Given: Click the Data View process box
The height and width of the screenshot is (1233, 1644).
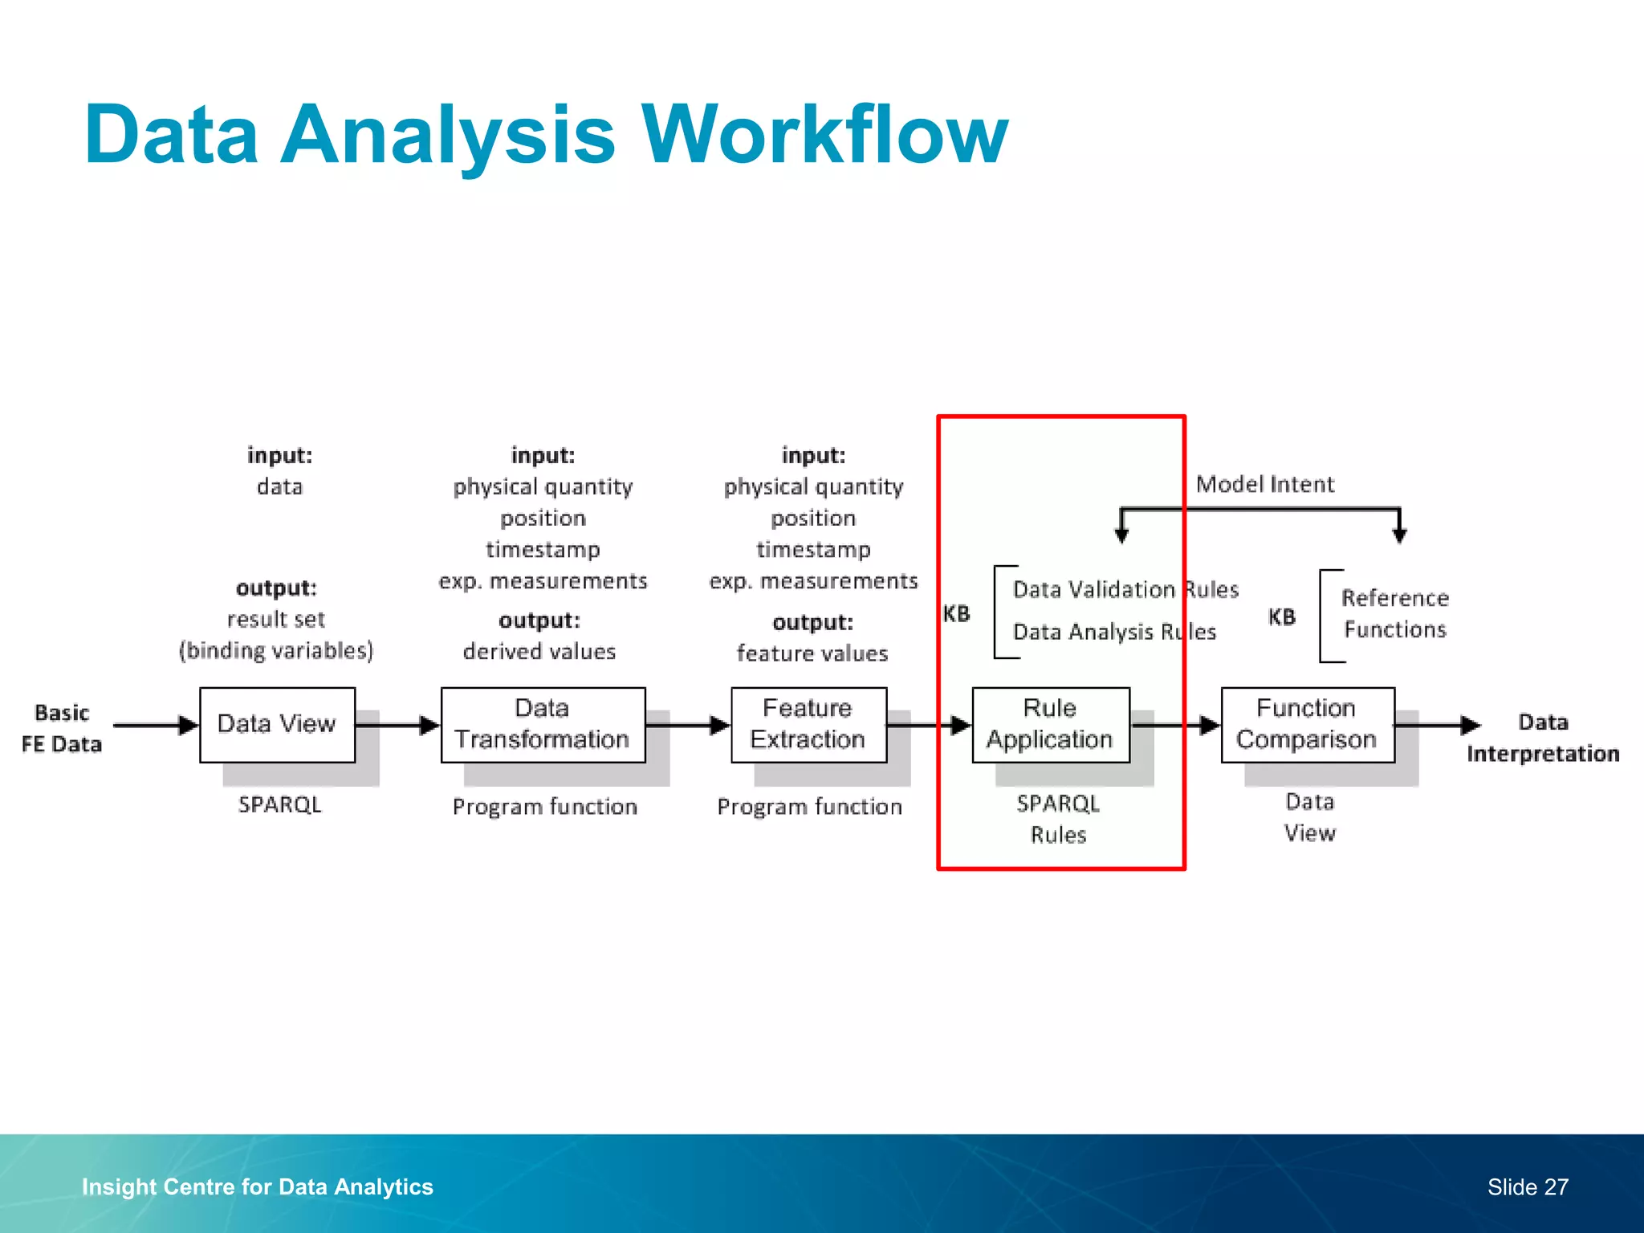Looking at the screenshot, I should pos(277,724).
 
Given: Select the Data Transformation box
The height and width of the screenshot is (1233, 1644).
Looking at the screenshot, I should pos(543,724).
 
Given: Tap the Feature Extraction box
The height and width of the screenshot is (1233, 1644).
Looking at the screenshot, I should pos(808,724).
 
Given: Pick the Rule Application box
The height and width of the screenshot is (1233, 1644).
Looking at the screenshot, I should pos(1050,724).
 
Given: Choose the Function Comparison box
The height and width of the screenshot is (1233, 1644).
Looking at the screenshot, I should pos(1307,724).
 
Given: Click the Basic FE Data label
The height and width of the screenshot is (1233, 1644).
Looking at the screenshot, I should pos(62,728).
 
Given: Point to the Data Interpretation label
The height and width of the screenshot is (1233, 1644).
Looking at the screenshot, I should pos(1542,738).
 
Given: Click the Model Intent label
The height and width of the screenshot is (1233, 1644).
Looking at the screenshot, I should pos(1264,484).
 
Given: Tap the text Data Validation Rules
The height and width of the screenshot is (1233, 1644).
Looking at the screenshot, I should pos(1125,589).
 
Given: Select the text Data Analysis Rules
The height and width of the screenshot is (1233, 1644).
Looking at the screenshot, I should pos(1114,632).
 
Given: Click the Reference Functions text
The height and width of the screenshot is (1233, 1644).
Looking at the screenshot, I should pos(1394,613).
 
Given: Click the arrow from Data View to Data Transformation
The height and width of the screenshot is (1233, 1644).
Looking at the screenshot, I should pos(397,725).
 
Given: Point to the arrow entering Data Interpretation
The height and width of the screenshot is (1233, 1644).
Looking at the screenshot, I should pos(1437,725).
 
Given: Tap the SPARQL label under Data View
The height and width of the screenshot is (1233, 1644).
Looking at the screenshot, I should pos(279,804).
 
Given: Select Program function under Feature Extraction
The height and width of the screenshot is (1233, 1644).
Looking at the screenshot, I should pos(809,806).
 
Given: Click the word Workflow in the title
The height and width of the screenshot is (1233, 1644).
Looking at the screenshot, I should pos(824,134).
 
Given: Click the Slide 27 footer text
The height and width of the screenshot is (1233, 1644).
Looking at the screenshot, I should pos(1527,1186).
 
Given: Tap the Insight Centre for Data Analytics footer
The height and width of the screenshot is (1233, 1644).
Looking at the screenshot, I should pos(257,1186).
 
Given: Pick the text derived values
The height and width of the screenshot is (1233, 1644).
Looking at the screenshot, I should pos(539,651).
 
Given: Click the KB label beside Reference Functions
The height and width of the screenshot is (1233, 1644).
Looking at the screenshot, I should pos(1281,616).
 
